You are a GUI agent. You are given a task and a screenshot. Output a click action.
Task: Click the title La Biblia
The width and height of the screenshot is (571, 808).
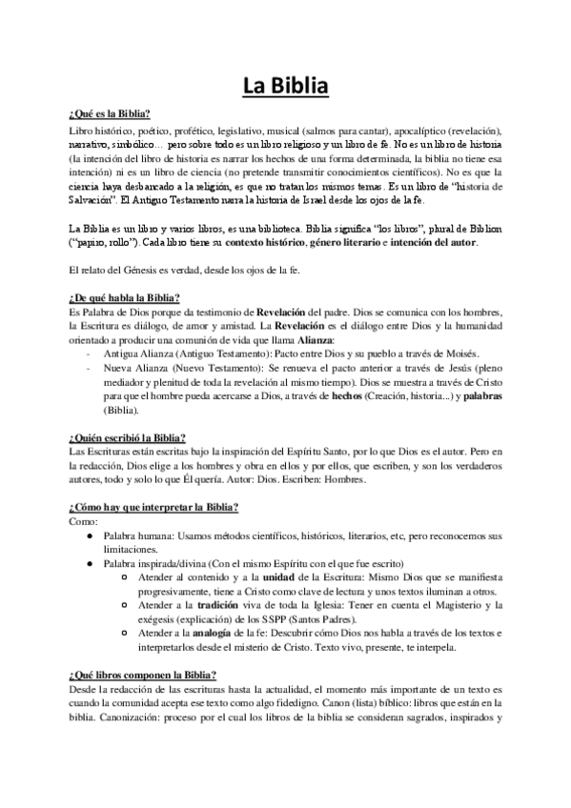285,88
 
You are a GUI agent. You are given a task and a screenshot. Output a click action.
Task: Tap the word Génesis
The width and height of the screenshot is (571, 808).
151,272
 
